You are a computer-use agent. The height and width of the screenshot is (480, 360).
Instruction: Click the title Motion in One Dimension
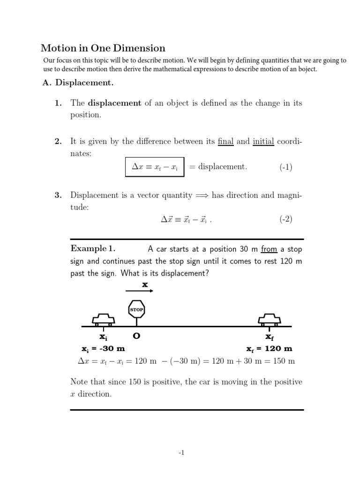[103, 48]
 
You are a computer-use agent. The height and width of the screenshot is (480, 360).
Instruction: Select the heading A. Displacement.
[78, 83]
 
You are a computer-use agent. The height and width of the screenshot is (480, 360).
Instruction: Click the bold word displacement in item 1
[115, 103]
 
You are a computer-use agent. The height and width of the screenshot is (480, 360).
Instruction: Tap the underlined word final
[226, 141]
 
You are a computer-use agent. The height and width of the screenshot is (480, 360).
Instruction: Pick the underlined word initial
[263, 141]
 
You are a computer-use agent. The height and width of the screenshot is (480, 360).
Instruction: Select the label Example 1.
[93, 248]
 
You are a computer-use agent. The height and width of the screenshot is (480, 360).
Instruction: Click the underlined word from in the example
[269, 249]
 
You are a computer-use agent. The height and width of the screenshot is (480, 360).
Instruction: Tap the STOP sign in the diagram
[136, 309]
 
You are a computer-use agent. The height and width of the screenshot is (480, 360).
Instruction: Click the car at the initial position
[104, 320]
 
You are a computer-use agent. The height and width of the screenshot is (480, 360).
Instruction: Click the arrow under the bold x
[139, 291]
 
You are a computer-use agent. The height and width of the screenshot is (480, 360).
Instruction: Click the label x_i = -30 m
[103, 349]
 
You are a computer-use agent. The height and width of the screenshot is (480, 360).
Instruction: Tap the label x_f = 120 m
[269, 349]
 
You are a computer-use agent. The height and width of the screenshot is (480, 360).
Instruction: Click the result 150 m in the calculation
[284, 361]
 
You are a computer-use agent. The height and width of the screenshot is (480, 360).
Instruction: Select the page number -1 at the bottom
[181, 453]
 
